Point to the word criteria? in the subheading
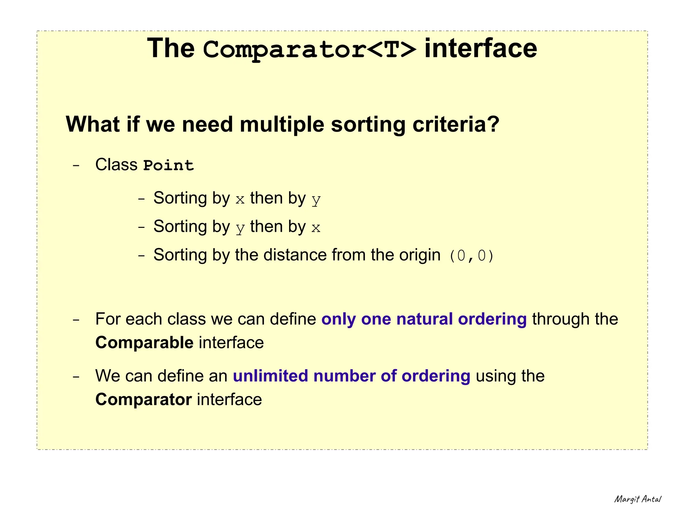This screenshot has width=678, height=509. pyautogui.click(x=456, y=125)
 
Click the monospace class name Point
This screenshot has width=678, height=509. pyautogui.click(x=169, y=165)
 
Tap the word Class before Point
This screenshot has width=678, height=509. pyautogui.click(x=116, y=165)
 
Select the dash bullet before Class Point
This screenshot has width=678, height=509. pyautogui.click(x=76, y=165)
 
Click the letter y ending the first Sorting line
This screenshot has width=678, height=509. pyautogui.click(x=316, y=199)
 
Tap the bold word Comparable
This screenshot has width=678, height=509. pyautogui.click(x=144, y=343)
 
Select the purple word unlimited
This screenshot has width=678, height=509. pyautogui.click(x=270, y=376)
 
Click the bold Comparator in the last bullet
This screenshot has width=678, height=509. pyautogui.click(x=143, y=400)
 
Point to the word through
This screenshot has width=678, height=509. pyautogui.click(x=560, y=319)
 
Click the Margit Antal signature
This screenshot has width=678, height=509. pyautogui.click(x=638, y=499)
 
